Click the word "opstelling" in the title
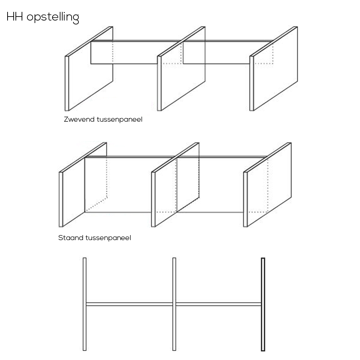pyautogui.click(x=53, y=17)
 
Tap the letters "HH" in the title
pyautogui.click(x=15, y=17)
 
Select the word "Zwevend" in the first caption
pyautogui.click(x=79, y=120)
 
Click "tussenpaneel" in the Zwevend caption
pyautogui.click(x=120, y=120)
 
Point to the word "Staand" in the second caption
pyautogui.click(x=71, y=238)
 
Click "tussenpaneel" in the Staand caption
pyautogui.click(x=108, y=238)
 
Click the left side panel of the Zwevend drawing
pyautogui.click(x=89, y=69)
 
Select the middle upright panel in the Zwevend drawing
pyautogui.click(x=181, y=69)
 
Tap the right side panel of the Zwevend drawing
pyautogui.click(x=274, y=69)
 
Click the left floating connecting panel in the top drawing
pyautogui.click(x=124, y=52)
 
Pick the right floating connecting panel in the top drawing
pyautogui.click(x=216, y=52)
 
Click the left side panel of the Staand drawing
pyautogui.click(x=83, y=185)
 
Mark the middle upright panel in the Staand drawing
pyautogui.click(x=175, y=185)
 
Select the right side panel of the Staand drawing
pyautogui.click(x=267, y=185)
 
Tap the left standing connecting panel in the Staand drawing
pyautogui.click(x=118, y=185)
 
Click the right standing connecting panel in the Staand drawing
pyautogui.click(x=211, y=185)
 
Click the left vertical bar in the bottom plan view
pyautogui.click(x=85, y=304)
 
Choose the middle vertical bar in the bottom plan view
pyautogui.click(x=174, y=304)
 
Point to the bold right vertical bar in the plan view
pyautogui.click(x=263, y=305)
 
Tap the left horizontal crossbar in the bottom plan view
pyautogui.click(x=129, y=304)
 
